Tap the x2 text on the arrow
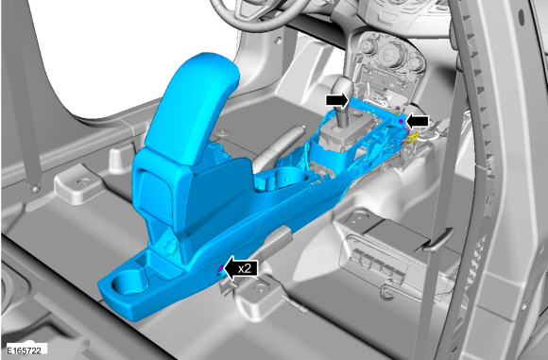click(x=245, y=268)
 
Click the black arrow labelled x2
click(x=241, y=268)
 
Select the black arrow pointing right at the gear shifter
click(x=337, y=101)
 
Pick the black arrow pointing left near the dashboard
click(x=417, y=121)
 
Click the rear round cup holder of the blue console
click(x=128, y=283)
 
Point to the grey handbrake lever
click(x=280, y=146)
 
